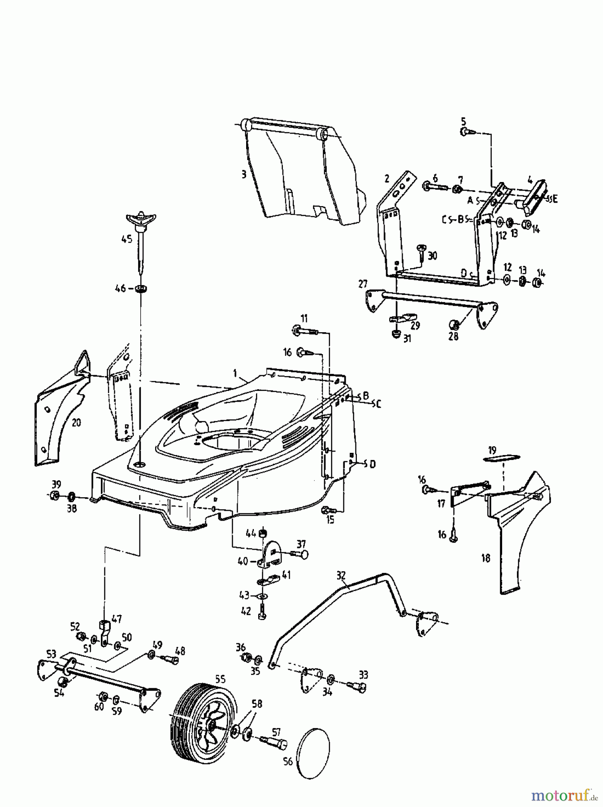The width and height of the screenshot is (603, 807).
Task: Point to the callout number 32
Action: (x=341, y=575)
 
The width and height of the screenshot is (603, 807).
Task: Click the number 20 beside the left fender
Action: (x=77, y=422)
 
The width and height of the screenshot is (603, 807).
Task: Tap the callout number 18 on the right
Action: (x=486, y=558)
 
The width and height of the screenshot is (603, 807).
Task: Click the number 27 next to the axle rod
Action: (x=363, y=283)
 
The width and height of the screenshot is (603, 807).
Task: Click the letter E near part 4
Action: (x=555, y=200)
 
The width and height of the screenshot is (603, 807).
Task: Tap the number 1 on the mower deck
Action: (x=234, y=373)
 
